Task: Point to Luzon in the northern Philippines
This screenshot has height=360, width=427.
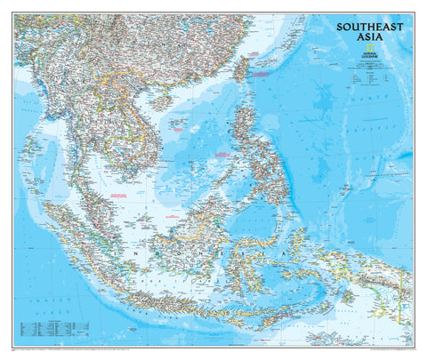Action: click(244, 124)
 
